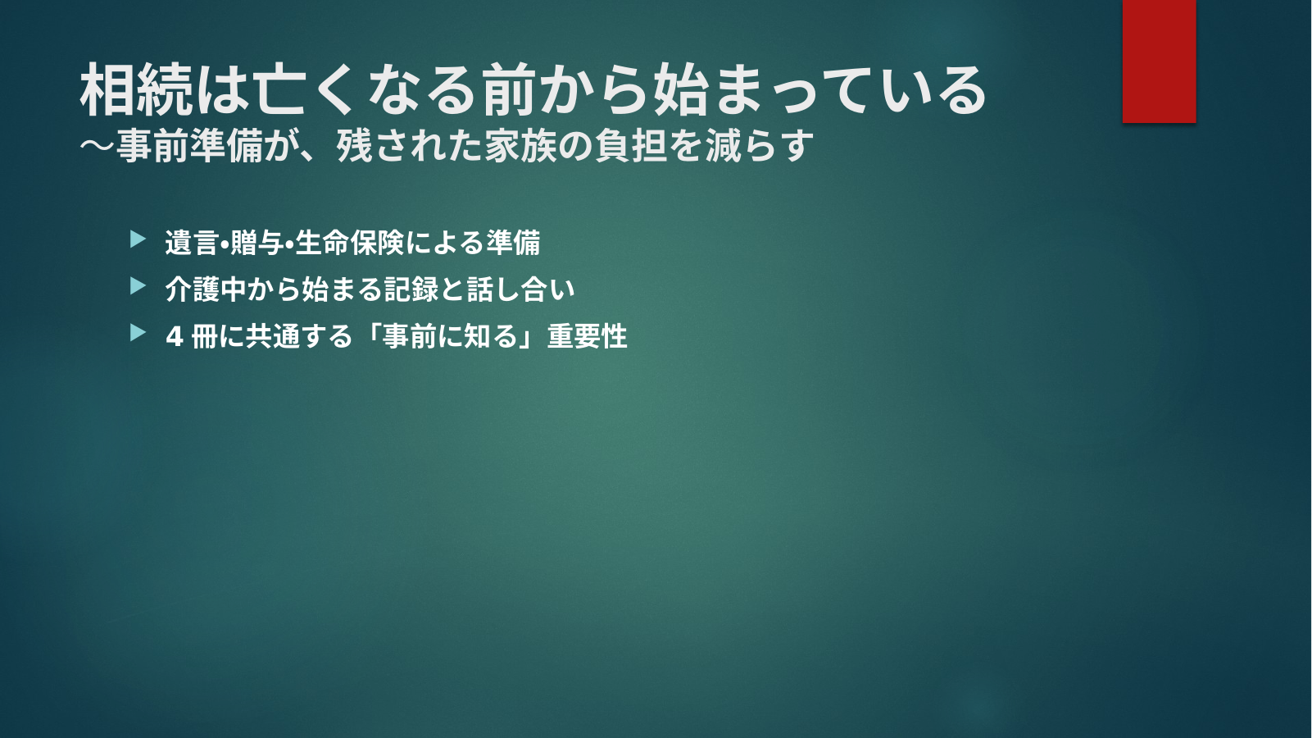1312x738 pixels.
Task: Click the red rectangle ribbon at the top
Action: [1159, 61]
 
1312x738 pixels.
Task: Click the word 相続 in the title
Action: [137, 90]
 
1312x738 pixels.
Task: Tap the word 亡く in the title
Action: [305, 90]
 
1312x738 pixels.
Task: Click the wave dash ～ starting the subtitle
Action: [98, 145]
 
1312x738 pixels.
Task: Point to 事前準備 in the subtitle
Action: [188, 145]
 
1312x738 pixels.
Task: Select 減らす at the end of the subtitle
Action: [760, 145]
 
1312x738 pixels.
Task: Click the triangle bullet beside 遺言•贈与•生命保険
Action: [138, 239]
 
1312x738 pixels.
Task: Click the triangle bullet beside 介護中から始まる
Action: [138, 286]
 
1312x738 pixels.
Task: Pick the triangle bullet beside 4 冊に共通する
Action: [138, 333]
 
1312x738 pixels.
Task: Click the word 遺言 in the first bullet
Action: [192, 243]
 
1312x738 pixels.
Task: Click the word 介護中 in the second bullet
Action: [206, 289]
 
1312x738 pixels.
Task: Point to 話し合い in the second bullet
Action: [520, 289]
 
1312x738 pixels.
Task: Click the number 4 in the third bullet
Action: [174, 337]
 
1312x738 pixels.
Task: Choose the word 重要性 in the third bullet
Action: [587, 336]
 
